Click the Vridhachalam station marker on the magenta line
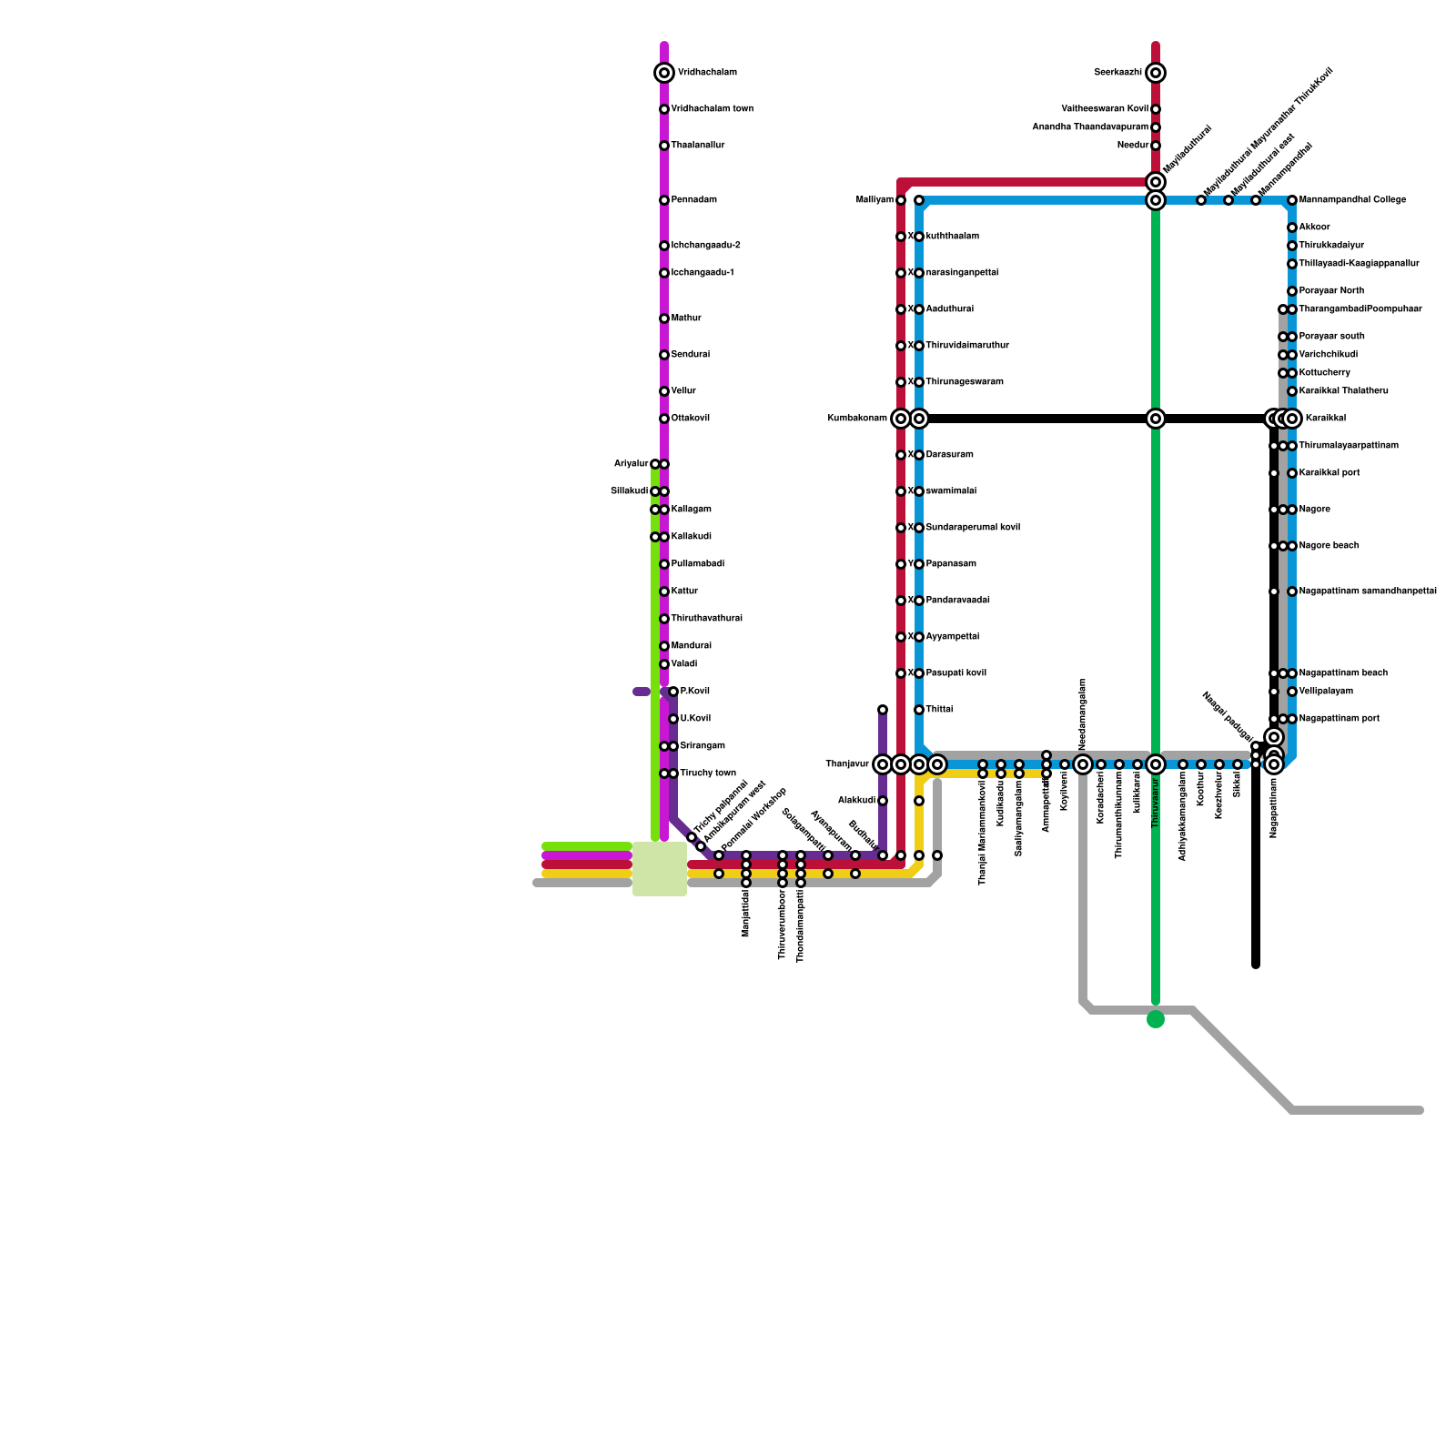pos(664,73)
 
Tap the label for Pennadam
pos(693,200)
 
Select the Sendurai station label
pos(690,355)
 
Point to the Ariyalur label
pos(631,464)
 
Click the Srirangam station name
pos(702,746)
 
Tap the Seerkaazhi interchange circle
pos(1156,73)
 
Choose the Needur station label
pos(1133,146)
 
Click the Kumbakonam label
pos(857,419)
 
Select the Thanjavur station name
pos(847,764)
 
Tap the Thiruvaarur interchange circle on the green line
pos(1156,764)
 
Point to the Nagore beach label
pos(1329,546)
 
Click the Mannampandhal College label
pos(1352,200)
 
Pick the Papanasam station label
pos(951,564)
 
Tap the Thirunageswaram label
pos(965,382)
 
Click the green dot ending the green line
pos(1156,1019)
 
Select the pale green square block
pos(660,869)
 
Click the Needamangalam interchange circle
pos(1083,764)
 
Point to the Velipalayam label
pos(1326,692)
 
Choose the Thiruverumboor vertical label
pos(783,924)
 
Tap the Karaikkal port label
pos(1330,473)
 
